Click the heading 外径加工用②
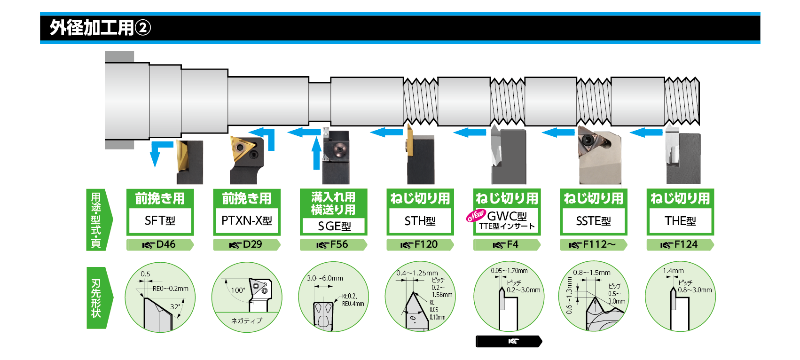100,28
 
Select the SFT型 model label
160,221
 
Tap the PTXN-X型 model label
247,221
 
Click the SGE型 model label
334,226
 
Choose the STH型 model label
420,221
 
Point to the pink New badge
475,216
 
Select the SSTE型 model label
594,221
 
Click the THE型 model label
680,221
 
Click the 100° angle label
238,290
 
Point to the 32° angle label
175,306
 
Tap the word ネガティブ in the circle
247,321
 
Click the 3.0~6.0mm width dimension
325,278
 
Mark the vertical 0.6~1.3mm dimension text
569,295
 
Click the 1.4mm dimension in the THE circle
673,271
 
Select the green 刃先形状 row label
96,297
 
